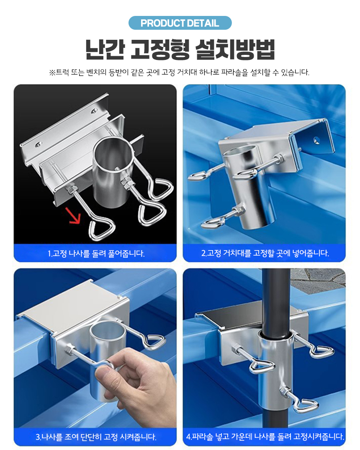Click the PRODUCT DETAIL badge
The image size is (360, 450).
pos(180,23)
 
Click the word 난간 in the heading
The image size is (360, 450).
pos(105,49)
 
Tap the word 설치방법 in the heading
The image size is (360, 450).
pos(235,49)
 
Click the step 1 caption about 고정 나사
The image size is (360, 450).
pos(96,253)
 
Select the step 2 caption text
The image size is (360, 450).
pos(265,253)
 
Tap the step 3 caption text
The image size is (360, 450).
pos(96,437)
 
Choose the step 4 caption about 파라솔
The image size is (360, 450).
pos(265,437)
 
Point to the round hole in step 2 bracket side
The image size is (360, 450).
pos(316,140)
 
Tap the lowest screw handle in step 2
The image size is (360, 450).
pos(213,222)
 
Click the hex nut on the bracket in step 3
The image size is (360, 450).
pos(69,350)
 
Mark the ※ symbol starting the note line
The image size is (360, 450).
pos(52,72)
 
